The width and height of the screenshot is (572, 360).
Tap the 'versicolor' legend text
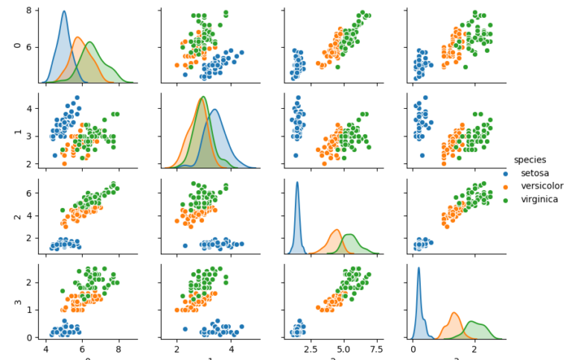[547, 186]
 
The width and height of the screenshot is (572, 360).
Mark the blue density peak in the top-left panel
[64, 12]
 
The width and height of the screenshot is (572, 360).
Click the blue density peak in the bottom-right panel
[419, 268]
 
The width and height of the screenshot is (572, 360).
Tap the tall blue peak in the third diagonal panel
[297, 183]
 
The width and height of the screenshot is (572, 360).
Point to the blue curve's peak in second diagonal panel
[214, 110]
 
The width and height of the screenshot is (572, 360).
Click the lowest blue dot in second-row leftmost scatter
[54, 155]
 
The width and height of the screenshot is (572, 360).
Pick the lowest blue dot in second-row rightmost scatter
[422, 155]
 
